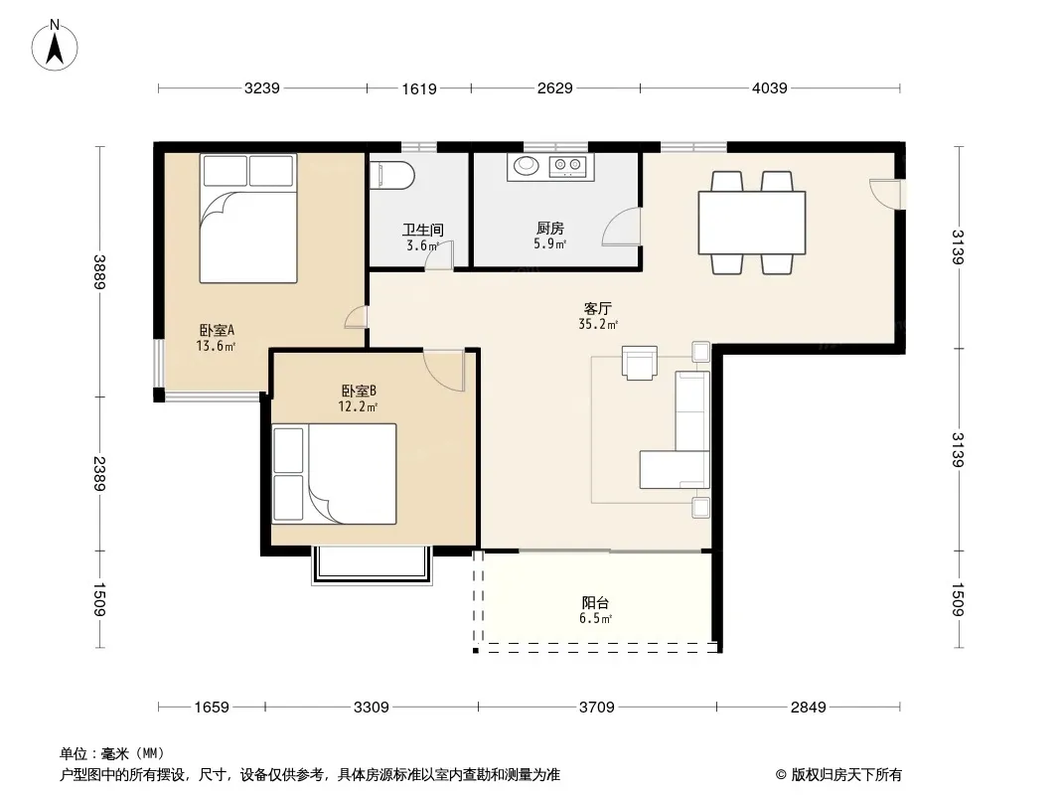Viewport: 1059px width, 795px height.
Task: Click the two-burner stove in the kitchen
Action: [567, 165]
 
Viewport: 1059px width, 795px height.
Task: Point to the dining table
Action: [752, 223]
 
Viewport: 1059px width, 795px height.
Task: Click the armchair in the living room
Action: [639, 363]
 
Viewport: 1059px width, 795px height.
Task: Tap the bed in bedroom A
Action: [248, 219]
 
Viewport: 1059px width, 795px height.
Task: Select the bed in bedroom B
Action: [334, 473]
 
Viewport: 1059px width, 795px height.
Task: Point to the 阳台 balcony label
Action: [595, 602]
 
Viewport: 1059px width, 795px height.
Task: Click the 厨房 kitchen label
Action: [549, 229]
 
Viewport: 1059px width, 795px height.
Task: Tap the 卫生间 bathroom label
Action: [423, 230]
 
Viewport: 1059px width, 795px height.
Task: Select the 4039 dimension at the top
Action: [769, 87]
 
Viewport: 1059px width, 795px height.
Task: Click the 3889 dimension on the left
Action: [99, 271]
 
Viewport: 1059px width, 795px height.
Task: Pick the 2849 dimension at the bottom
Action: [808, 708]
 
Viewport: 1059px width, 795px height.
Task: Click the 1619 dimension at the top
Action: [419, 88]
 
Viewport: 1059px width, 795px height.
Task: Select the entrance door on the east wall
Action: [886, 194]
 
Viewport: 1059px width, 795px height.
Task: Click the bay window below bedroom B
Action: [372, 565]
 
